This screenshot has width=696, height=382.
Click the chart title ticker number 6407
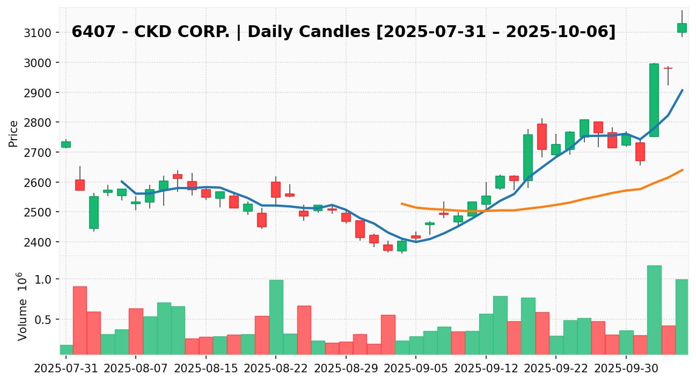88,32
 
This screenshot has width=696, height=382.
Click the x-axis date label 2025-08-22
276,370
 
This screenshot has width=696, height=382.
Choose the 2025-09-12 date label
486,370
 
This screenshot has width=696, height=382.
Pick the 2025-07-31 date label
66,370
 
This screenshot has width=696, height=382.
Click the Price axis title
14,133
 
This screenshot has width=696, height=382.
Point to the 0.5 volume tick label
43,320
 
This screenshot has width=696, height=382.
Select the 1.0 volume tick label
43,279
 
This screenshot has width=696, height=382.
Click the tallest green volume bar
654,310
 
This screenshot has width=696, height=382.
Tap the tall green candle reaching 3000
654,100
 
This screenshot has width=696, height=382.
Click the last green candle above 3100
682,28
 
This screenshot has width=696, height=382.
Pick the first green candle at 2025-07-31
66,145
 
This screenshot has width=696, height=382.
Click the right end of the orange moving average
682,170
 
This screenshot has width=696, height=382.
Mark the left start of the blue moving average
122,182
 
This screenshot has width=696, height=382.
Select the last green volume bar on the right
682,317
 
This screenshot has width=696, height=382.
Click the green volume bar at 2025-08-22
276,317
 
